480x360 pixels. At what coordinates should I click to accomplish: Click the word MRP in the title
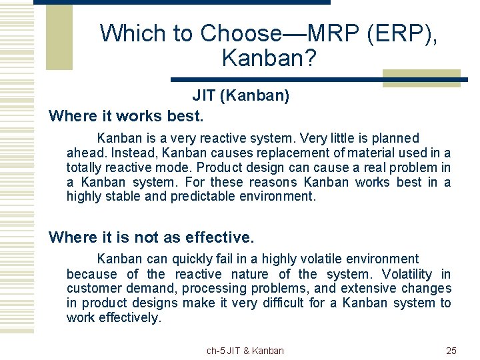[333, 33]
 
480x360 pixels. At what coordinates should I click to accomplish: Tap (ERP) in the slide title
[401, 34]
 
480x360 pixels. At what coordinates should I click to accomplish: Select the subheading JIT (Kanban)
[241, 95]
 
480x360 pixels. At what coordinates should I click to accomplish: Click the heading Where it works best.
[126, 116]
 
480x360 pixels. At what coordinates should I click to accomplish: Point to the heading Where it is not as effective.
[151, 237]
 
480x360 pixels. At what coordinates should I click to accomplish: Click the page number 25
[451, 351]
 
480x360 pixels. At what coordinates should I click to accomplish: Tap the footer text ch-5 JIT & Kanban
[245, 351]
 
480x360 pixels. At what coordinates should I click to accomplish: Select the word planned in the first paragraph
[395, 139]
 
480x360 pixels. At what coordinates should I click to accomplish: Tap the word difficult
[283, 303]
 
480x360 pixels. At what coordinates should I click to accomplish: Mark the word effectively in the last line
[130, 317]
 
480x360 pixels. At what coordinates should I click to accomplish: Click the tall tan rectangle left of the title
[59, 37]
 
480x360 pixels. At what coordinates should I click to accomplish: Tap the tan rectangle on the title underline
[421, 79]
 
